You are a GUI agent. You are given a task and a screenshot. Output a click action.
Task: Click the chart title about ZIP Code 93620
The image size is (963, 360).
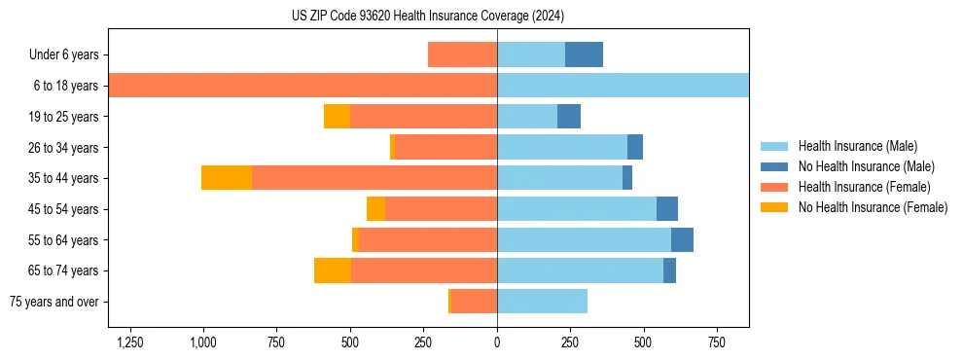click(x=428, y=17)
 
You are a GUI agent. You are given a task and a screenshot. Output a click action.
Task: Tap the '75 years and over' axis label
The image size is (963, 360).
click(x=54, y=302)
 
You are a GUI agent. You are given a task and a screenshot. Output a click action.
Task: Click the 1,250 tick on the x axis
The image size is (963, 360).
click(x=130, y=342)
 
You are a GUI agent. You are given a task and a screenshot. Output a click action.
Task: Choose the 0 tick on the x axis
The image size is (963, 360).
click(x=497, y=342)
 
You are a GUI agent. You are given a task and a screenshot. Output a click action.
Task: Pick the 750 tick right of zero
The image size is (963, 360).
click(x=716, y=342)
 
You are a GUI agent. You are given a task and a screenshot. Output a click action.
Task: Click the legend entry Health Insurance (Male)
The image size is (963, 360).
click(x=857, y=146)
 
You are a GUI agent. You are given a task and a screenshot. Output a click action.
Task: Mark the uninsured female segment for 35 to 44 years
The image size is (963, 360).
click(x=227, y=178)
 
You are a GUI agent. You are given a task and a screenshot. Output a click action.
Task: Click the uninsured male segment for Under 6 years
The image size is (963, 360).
click(x=584, y=54)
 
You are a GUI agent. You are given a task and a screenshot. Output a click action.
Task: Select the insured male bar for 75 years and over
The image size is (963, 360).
click(x=542, y=302)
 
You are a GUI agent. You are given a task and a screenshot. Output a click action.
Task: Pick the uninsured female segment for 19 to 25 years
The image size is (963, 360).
click(x=337, y=117)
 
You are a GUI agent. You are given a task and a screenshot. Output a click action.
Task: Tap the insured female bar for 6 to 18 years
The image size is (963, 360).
click(x=303, y=86)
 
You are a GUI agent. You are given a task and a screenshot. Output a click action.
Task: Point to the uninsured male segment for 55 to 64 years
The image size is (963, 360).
click(x=682, y=239)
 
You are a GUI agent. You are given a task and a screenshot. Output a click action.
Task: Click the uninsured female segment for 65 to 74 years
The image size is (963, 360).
click(x=333, y=270)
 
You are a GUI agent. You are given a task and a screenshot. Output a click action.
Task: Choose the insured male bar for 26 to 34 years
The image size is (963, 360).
click(x=562, y=147)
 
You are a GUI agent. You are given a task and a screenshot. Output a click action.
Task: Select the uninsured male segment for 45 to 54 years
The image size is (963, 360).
click(x=667, y=209)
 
